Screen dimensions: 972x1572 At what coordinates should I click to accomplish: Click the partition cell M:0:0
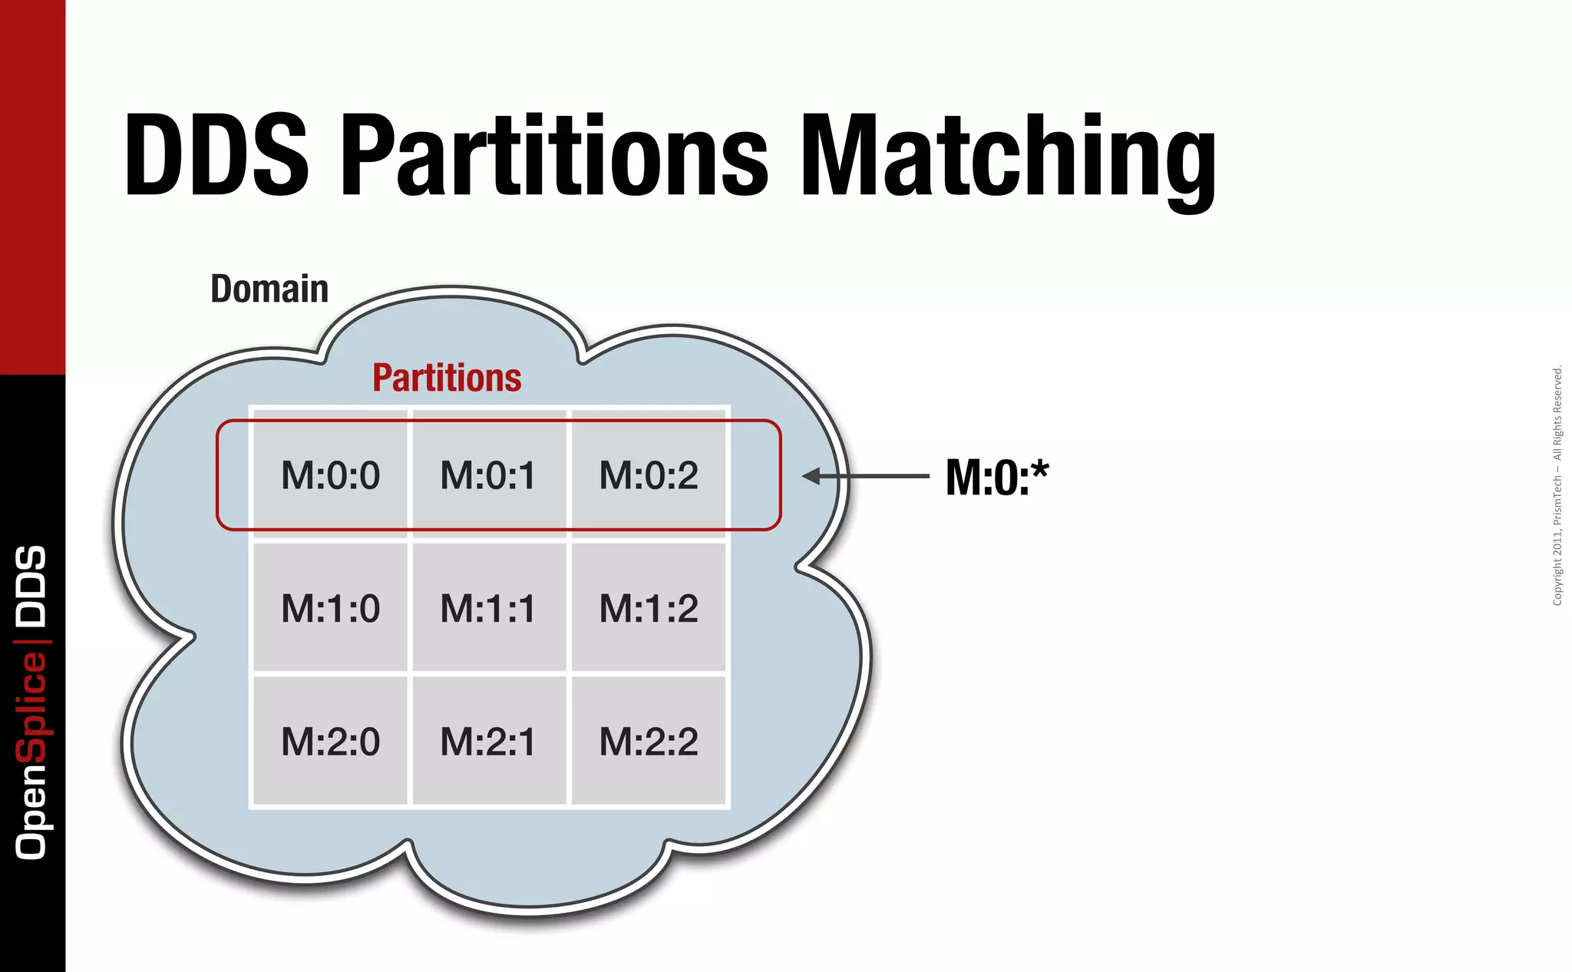[x=330, y=475]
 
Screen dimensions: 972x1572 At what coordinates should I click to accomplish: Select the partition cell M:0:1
[x=488, y=475]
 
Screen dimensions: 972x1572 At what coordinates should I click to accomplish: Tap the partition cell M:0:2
[x=649, y=475]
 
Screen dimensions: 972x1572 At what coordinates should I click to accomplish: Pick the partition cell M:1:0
[x=330, y=608]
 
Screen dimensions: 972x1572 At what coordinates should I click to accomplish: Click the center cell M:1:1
[x=488, y=608]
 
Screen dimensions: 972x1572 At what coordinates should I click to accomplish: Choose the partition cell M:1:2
[x=649, y=608]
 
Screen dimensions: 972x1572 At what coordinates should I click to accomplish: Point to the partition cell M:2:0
[x=330, y=742]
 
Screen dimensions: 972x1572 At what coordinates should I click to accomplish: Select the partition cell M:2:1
[x=488, y=742]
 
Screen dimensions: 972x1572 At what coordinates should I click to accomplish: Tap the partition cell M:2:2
[x=649, y=742]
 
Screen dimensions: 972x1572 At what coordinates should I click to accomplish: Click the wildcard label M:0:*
[x=996, y=477]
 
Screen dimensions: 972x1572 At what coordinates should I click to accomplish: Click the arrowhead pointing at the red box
[x=812, y=476]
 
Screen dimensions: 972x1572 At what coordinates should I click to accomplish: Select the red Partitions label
[x=447, y=378]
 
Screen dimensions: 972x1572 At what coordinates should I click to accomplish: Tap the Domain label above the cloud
[x=269, y=289]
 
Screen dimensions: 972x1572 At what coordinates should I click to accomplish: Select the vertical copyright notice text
[x=1557, y=486]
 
